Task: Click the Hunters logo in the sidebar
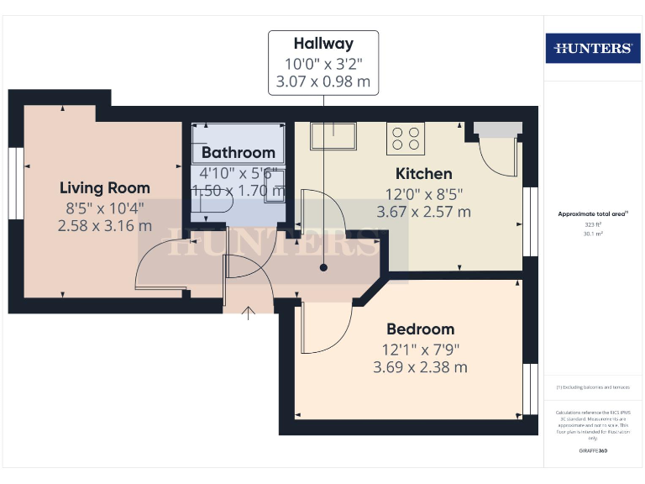[593, 48]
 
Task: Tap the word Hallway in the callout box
[323, 44]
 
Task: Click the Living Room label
[105, 187]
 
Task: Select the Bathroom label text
[239, 152]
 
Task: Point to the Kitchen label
[423, 174]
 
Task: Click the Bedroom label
[420, 329]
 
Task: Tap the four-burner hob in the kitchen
[404, 139]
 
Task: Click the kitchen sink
[333, 135]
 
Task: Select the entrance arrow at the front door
[249, 313]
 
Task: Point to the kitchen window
[530, 221]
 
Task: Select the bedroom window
[530, 389]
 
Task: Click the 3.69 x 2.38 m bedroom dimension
[420, 367]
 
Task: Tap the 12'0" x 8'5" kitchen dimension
[423, 193]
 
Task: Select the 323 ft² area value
[594, 225]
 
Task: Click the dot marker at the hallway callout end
[323, 268]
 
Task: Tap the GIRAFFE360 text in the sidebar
[593, 451]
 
